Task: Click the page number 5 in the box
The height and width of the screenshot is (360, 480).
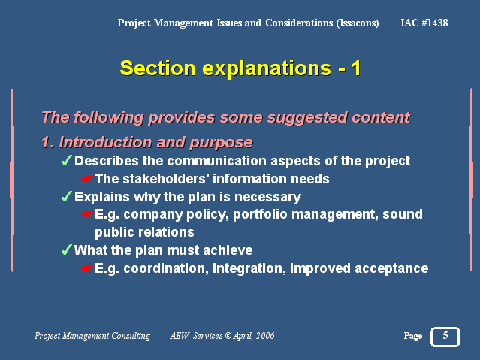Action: pos(445,335)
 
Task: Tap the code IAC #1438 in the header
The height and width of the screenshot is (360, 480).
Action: pos(424,23)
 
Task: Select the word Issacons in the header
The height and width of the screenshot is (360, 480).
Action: pos(358,23)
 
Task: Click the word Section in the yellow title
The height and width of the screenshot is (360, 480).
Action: pos(158,68)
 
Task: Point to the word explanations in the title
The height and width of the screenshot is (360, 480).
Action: pos(267,68)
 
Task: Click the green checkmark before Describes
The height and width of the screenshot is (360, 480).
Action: pos(67,160)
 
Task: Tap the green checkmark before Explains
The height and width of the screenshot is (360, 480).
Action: pos(67,196)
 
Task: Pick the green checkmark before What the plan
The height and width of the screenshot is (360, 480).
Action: pos(67,250)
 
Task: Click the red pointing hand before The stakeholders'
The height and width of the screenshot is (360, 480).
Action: pos(88,179)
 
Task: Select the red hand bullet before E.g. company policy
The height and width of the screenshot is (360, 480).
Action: pos(88,214)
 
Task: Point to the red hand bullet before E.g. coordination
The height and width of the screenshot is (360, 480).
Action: pos(88,268)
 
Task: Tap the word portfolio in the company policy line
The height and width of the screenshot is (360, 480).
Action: pos(260,214)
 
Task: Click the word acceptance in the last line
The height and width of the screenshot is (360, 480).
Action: pos(391,269)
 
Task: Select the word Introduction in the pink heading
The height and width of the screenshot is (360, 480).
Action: pos(105,142)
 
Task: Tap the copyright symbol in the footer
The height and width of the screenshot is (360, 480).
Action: pos(228,336)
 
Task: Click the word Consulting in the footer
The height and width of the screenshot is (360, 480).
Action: pos(131,336)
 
